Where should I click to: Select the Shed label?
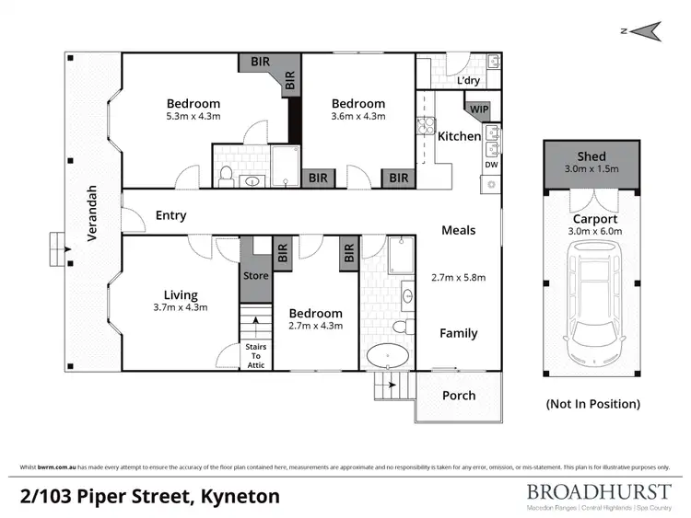(x=591, y=157)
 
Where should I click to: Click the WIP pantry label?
(x=479, y=109)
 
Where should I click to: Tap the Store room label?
(x=256, y=275)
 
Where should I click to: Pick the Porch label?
(x=459, y=396)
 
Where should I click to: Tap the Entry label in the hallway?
(x=171, y=216)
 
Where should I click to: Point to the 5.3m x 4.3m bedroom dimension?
(x=193, y=117)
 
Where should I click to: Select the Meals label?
(x=458, y=230)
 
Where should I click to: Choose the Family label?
(x=458, y=333)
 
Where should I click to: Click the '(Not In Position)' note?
(x=592, y=404)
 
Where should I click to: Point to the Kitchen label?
(x=459, y=136)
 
